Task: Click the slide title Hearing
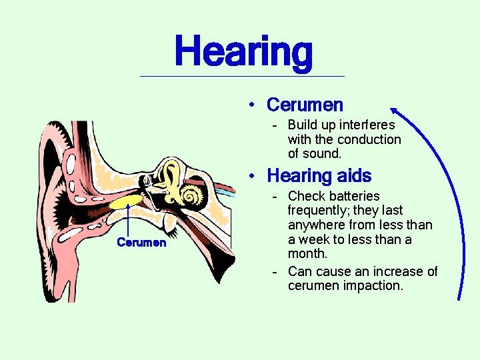[x=243, y=53]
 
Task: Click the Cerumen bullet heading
[x=305, y=105]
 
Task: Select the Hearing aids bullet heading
[x=319, y=176]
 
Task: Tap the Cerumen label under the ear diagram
[x=141, y=243]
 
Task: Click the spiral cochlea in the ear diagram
[x=192, y=195]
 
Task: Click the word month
[x=307, y=253]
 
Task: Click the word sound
[x=323, y=153]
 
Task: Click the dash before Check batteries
[x=275, y=196]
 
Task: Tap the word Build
[x=303, y=125]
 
